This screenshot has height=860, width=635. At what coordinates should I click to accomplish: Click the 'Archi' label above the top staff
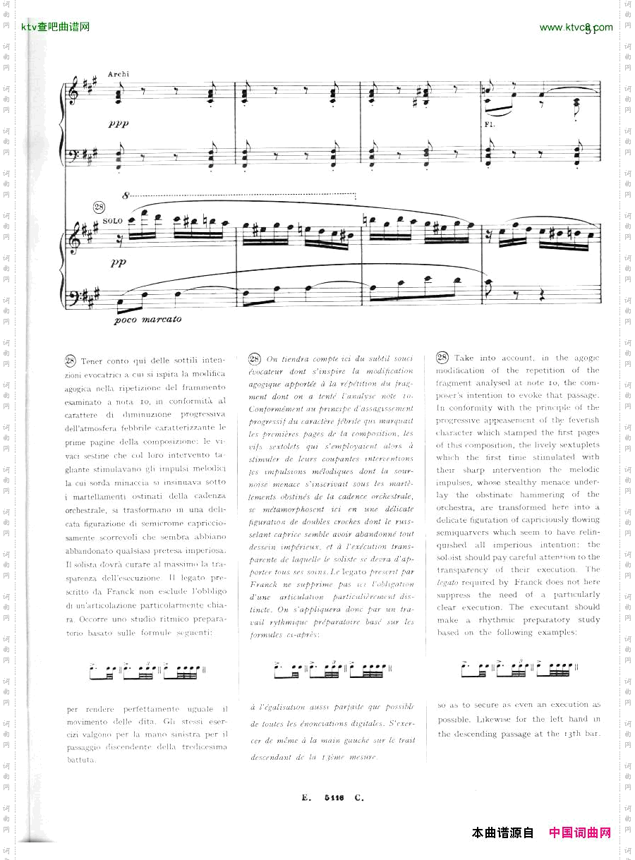tap(119, 74)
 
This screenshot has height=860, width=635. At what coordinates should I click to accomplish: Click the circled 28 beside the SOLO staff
tap(99, 207)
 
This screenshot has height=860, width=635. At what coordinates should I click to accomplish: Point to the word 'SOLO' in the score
tap(112, 221)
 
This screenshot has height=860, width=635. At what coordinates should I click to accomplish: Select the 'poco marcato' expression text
tap(147, 319)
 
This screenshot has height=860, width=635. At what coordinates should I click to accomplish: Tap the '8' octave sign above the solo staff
tap(125, 195)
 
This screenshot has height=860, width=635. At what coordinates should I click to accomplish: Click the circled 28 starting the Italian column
tap(71, 361)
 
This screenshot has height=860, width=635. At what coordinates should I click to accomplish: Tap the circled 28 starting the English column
tap(442, 358)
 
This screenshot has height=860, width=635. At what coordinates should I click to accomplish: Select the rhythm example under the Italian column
tap(147, 667)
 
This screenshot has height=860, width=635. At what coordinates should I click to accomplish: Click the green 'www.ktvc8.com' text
tap(576, 28)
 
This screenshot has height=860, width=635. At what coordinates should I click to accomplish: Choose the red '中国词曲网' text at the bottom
tap(580, 833)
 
